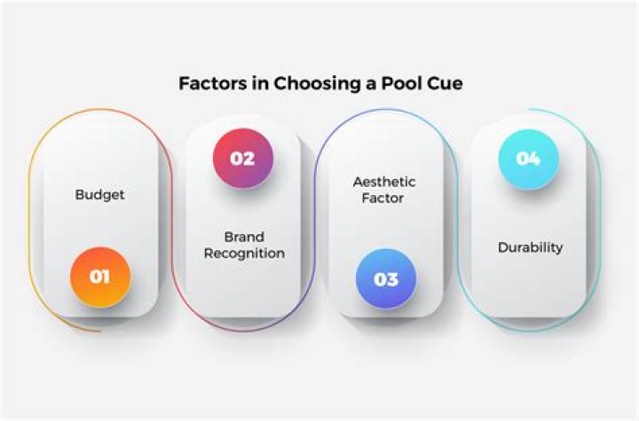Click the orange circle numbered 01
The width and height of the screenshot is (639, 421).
coord(100,277)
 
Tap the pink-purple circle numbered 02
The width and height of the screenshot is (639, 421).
coord(242,159)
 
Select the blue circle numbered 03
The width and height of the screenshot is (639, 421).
coord(386,278)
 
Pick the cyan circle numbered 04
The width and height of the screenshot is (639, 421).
coord(528,159)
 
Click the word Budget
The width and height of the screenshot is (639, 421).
coord(99,195)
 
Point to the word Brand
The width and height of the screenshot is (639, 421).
coord(244,237)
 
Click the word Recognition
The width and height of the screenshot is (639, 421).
coord(244,253)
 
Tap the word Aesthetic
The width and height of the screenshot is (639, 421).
coord(384,182)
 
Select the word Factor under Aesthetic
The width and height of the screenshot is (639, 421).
coord(384,198)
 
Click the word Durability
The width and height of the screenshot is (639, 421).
coord(530,247)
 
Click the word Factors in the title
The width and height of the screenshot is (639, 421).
coord(209,85)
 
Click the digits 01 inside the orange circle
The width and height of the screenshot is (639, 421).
coord(100,277)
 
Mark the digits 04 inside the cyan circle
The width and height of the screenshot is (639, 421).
coord(528,159)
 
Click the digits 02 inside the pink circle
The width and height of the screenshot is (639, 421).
coord(242,159)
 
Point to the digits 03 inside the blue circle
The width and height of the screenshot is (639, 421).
coord(386,278)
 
